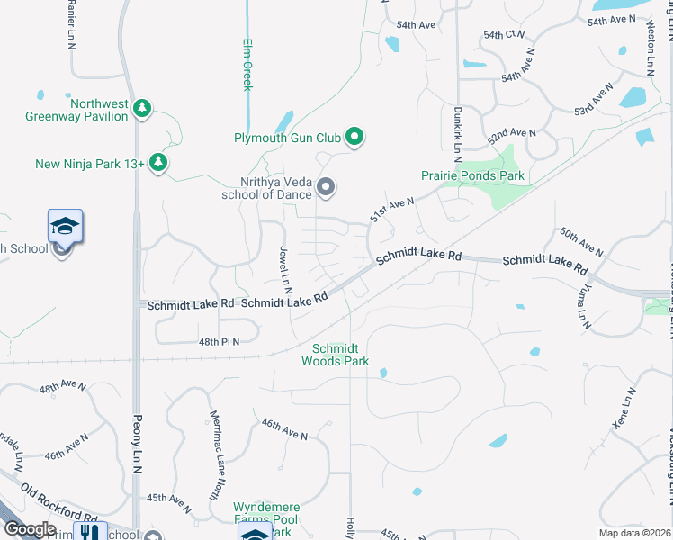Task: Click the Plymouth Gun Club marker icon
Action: click(355, 138)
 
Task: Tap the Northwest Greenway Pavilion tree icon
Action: click(141, 109)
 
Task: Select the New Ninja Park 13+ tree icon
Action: click(158, 162)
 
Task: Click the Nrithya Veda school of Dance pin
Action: click(326, 187)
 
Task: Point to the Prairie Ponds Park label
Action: click(472, 175)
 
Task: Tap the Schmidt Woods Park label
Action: click(335, 355)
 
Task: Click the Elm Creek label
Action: click(247, 64)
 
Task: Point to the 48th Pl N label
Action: click(220, 342)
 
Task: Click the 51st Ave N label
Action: click(392, 210)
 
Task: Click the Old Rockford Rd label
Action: click(59, 504)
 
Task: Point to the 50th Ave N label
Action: click(580, 242)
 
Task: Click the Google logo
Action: click(30, 528)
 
